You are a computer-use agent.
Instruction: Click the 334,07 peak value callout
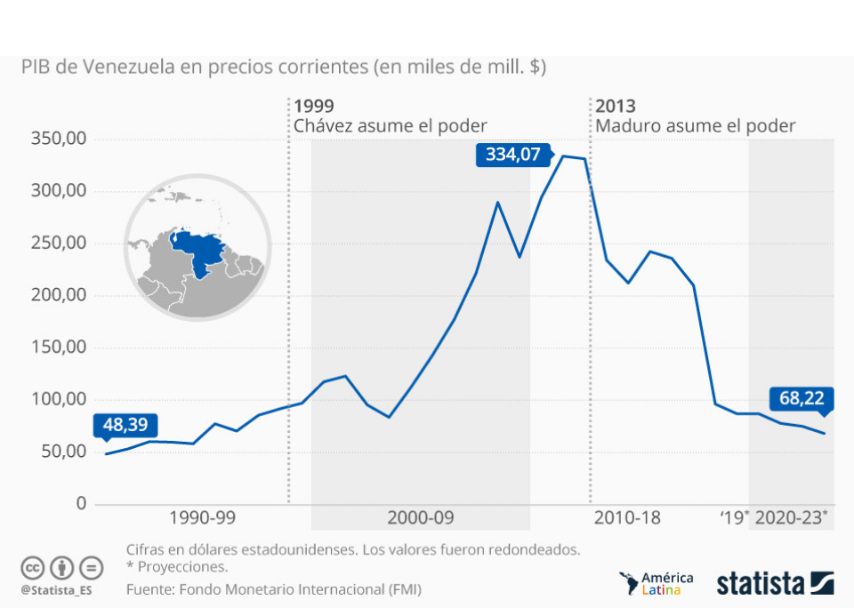(x=512, y=155)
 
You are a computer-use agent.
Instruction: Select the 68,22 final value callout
(x=802, y=398)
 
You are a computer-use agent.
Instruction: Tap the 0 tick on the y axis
(x=81, y=504)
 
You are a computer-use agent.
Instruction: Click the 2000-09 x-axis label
(x=421, y=518)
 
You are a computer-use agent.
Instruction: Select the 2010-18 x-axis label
(x=627, y=518)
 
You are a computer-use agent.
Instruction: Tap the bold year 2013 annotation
(x=616, y=106)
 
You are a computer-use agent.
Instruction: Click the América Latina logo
(x=657, y=584)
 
